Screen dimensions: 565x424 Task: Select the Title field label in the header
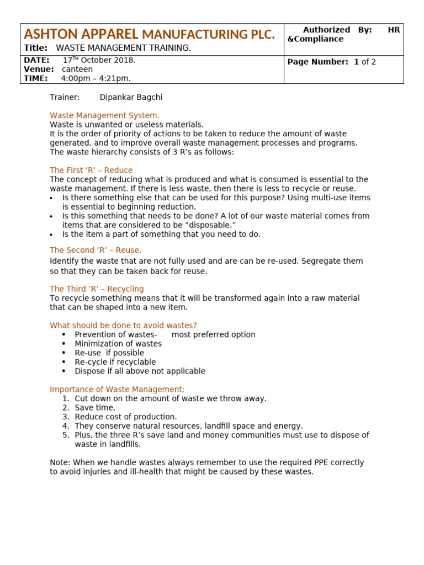pos(35,48)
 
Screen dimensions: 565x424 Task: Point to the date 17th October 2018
pos(99,60)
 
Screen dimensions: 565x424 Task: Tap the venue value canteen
pos(77,70)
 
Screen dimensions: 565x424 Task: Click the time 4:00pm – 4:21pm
pos(96,79)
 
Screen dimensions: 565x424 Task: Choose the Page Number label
pos(317,62)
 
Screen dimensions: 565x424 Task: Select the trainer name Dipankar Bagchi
pos(131,97)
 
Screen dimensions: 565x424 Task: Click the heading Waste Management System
pos(104,115)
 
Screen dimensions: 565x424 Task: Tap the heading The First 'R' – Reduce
pos(91,170)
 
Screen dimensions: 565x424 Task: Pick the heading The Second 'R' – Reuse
pos(96,250)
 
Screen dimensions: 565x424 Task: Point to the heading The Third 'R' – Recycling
pos(97,289)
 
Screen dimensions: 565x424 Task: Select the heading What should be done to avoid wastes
pos(123,326)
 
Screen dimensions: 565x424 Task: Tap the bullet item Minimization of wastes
pos(118,344)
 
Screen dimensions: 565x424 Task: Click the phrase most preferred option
pos(213,334)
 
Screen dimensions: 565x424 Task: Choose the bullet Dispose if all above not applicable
pos(140,371)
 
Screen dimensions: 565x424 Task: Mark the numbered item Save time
pos(95,408)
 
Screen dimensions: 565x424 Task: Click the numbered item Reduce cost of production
pos(126,417)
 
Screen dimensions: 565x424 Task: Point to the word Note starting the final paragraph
pos(59,462)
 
